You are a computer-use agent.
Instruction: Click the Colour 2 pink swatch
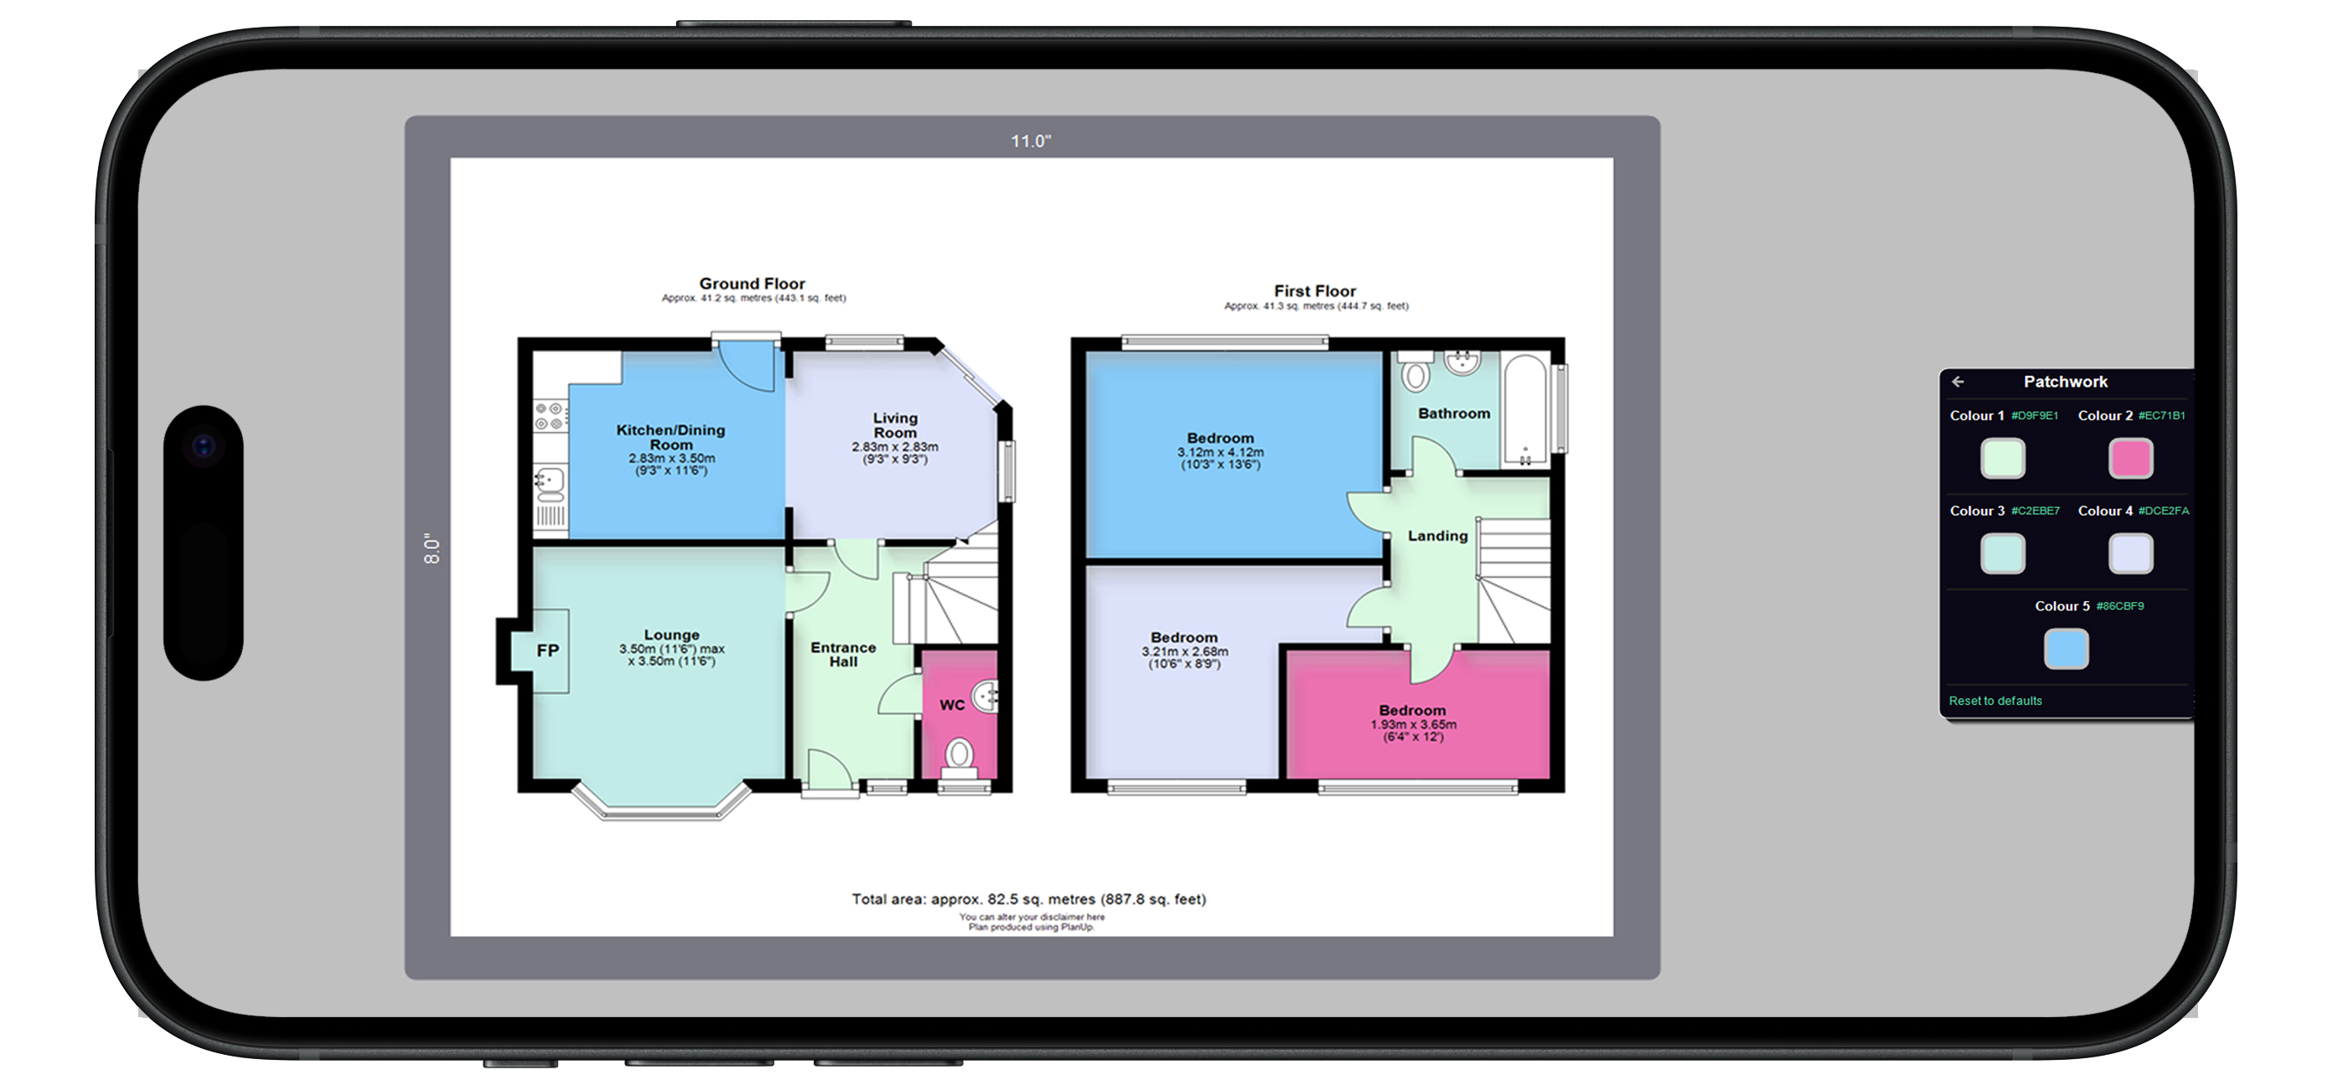2130,458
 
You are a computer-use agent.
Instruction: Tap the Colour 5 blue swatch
2066,649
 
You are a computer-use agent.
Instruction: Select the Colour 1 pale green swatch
2003,458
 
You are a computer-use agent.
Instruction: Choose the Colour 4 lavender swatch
2130,553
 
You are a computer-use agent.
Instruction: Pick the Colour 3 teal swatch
2003,553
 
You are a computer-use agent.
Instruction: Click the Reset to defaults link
1994,701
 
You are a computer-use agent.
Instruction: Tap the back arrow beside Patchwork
1958,382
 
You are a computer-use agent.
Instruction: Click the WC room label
951,705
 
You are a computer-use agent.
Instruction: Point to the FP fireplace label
547,650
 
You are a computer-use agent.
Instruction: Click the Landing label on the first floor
1437,537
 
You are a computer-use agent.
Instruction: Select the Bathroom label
1453,414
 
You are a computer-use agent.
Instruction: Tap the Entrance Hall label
843,655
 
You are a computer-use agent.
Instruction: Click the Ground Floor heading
753,284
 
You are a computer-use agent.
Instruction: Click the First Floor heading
1314,291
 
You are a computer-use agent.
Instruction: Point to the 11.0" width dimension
1031,141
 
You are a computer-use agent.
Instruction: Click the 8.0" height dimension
432,548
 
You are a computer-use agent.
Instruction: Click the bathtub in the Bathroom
1525,410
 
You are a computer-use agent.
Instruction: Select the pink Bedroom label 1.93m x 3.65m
1413,723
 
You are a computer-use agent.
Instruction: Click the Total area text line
1029,899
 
